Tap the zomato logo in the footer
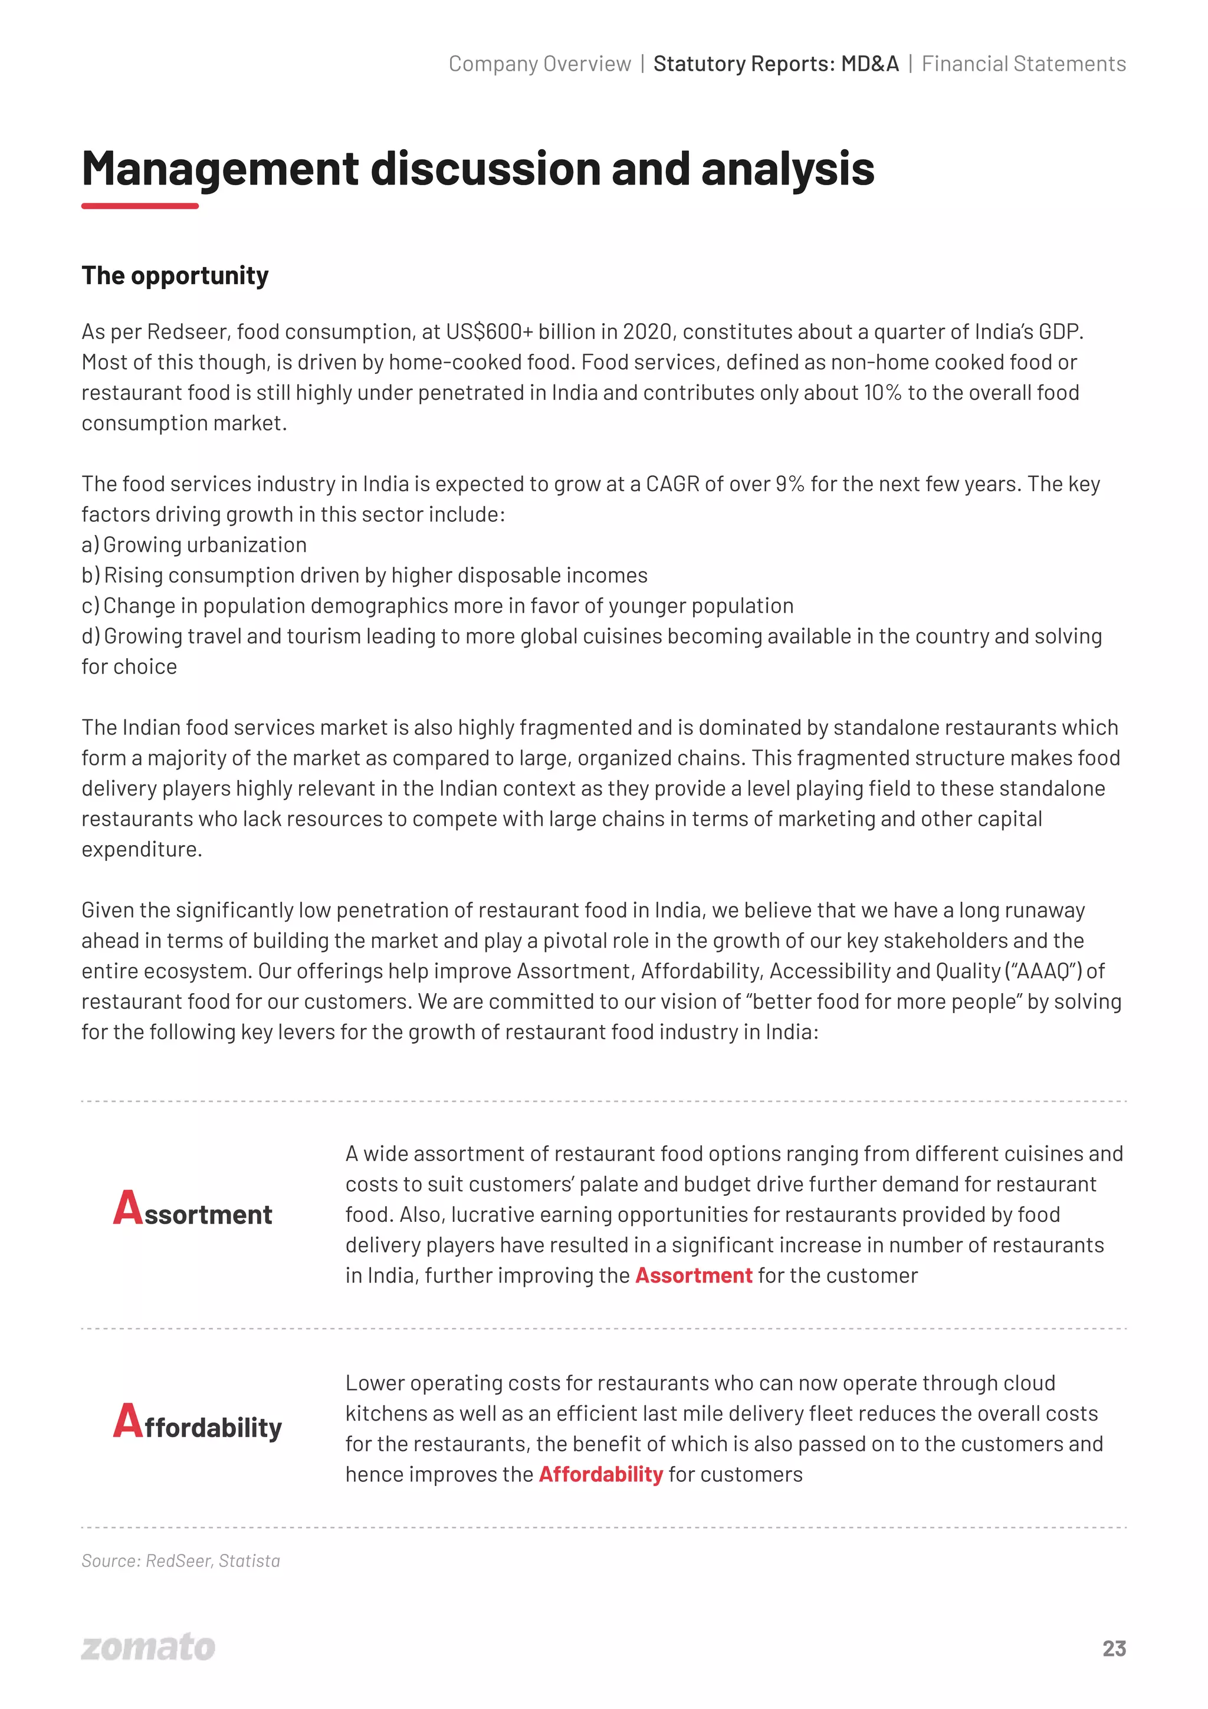(x=148, y=1646)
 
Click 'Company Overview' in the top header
(x=540, y=64)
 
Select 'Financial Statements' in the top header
(x=1023, y=64)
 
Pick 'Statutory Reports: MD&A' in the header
(x=776, y=64)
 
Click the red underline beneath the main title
(x=140, y=205)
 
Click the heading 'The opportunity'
(x=175, y=275)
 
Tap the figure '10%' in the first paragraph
(x=882, y=393)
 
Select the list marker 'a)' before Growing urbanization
(x=90, y=545)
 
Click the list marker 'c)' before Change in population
(x=90, y=606)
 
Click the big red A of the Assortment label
(x=127, y=1207)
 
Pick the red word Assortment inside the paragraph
(x=693, y=1276)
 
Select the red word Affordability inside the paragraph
(x=600, y=1474)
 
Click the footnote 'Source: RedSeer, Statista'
(x=181, y=1561)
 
